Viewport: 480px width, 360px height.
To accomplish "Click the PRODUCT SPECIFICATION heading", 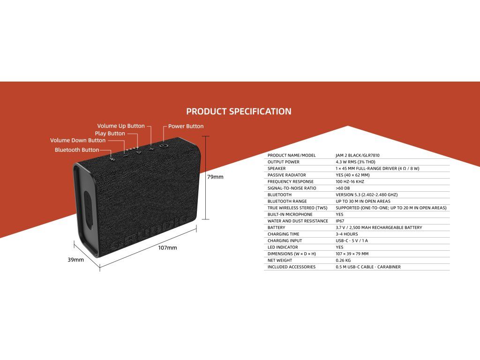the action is pyautogui.click(x=239, y=112).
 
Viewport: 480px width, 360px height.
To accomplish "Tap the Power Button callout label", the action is pyautogui.click(x=186, y=126).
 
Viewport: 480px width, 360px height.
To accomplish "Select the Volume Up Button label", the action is pyautogui.click(x=121, y=126).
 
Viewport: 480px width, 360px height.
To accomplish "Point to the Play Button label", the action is pyautogui.click(x=110, y=134).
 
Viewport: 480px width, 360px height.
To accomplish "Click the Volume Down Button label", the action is pyautogui.click(x=78, y=140).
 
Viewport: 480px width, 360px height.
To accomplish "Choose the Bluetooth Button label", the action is pyautogui.click(x=77, y=150).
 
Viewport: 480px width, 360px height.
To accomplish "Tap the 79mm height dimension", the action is pyautogui.click(x=215, y=177).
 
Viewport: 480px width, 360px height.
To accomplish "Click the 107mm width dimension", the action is pyautogui.click(x=167, y=247).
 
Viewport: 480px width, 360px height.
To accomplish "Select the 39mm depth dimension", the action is pyautogui.click(x=75, y=260).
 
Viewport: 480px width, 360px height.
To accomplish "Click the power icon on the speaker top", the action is pyautogui.click(x=164, y=146).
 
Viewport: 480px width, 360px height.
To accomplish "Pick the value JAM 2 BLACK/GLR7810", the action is pyautogui.click(x=358, y=155).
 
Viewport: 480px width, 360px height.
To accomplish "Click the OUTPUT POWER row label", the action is pyautogui.click(x=284, y=162).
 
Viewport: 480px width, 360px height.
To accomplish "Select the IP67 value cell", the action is pyautogui.click(x=340, y=221).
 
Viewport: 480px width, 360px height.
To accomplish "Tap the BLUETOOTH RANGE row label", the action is pyautogui.click(x=287, y=201).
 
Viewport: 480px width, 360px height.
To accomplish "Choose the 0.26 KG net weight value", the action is pyautogui.click(x=343, y=260).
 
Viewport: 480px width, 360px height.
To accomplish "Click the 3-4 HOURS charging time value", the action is pyautogui.click(x=347, y=234).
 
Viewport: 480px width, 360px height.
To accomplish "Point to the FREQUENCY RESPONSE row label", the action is pyautogui.click(x=291, y=181).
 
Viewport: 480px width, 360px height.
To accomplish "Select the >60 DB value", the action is pyautogui.click(x=343, y=188).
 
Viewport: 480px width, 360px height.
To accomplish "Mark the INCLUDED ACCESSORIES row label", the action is pyautogui.click(x=292, y=267).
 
